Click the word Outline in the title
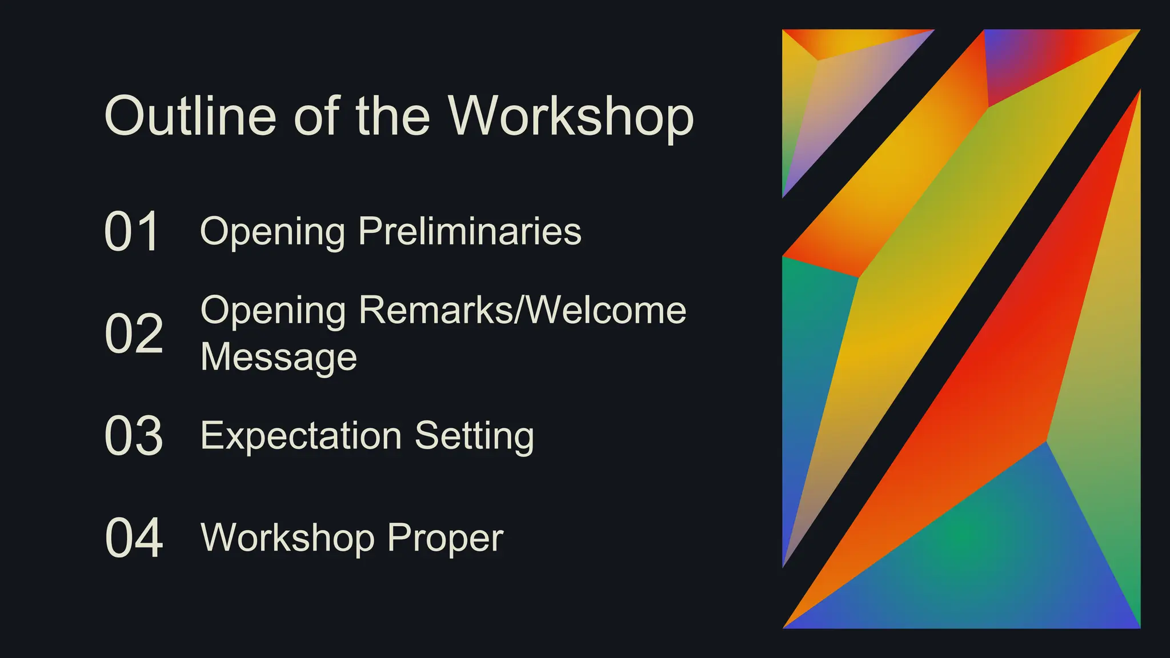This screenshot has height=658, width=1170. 190,116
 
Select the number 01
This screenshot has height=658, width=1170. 132,232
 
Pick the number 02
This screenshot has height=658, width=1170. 134,334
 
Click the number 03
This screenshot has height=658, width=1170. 134,436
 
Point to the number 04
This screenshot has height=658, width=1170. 134,538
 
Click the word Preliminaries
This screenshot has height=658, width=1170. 470,231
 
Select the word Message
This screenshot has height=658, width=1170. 279,357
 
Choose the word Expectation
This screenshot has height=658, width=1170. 301,436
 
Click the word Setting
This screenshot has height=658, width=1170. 474,437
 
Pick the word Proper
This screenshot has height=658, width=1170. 445,538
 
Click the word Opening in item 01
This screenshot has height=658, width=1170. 273,232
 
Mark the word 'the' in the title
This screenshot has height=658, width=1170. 392,116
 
